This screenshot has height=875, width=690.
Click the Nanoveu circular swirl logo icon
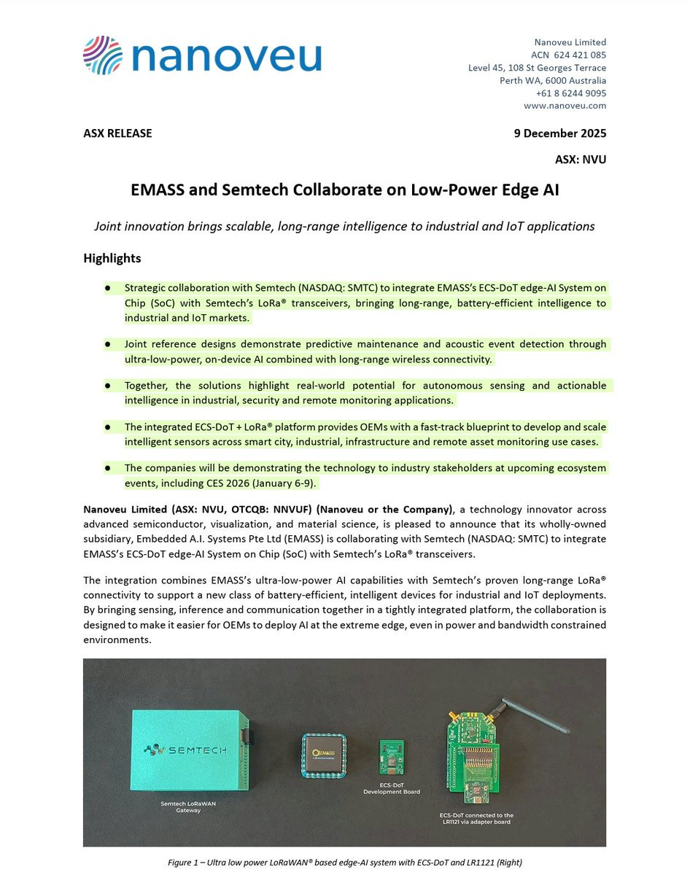point(102,55)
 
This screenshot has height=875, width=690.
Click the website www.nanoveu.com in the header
point(565,106)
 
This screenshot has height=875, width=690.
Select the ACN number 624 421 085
point(580,55)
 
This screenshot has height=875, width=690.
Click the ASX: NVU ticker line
point(581,160)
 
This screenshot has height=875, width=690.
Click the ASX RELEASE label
point(117,133)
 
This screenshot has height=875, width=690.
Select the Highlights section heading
point(112,258)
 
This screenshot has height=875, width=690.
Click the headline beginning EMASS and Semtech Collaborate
point(344,190)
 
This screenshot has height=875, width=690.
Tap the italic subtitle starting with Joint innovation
point(344,226)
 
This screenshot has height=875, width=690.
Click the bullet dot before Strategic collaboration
point(107,288)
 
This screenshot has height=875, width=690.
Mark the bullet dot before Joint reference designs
point(107,343)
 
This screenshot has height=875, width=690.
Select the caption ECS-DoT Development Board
point(391,788)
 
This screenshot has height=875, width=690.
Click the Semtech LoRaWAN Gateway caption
point(188,807)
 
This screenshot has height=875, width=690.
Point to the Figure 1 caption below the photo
point(344,863)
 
